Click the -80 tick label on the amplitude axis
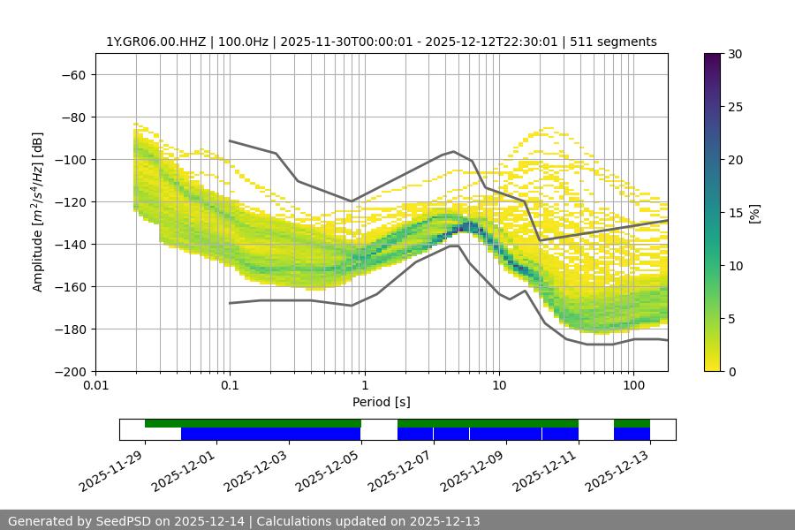tap(72, 117)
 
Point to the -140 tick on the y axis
tap(72, 244)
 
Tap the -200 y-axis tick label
tap(72, 371)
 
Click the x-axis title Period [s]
tap(381, 402)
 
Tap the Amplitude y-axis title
tap(38, 212)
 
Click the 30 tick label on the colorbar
tap(734, 54)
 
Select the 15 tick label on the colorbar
tap(734, 213)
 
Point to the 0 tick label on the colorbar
tap(731, 371)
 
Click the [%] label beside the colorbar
tap(754, 213)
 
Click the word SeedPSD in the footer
tap(135, 521)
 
